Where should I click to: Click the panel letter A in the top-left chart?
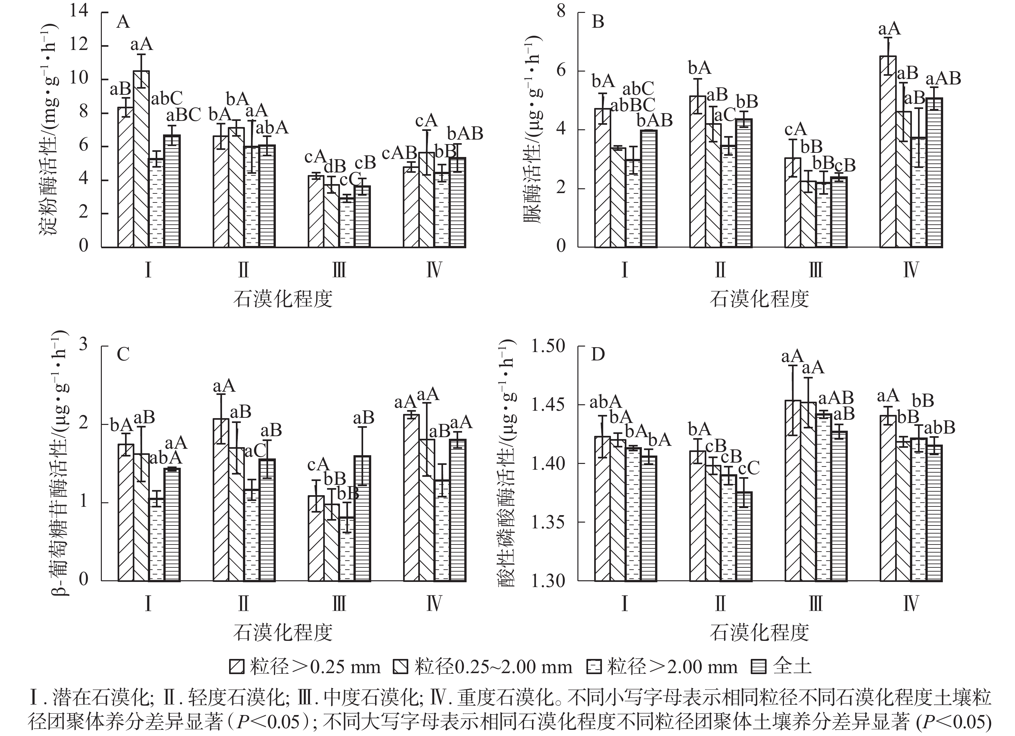(123, 22)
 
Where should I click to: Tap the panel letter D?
(598, 355)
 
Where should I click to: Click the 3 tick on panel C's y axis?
(83, 345)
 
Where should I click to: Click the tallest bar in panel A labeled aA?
(141, 159)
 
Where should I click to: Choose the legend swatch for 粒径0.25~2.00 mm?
(400, 667)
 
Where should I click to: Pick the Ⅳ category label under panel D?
(910, 604)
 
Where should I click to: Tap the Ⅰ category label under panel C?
(148, 604)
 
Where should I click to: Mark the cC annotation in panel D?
(749, 468)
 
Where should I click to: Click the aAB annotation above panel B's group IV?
(943, 79)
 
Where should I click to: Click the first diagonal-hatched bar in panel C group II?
(221, 500)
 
